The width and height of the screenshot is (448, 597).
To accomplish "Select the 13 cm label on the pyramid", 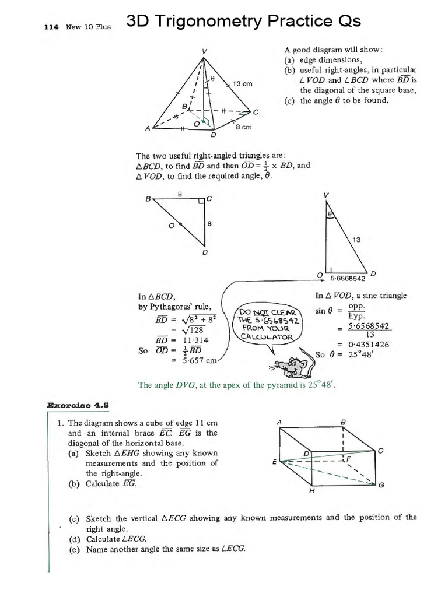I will tap(242, 84).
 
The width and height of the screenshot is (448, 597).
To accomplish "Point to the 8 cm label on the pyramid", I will tap(243, 128).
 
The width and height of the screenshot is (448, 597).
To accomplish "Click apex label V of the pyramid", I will tap(204, 51).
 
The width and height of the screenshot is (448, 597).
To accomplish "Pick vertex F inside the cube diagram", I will tap(349, 459).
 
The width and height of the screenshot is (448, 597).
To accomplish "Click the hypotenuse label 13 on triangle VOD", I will tap(357, 238).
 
